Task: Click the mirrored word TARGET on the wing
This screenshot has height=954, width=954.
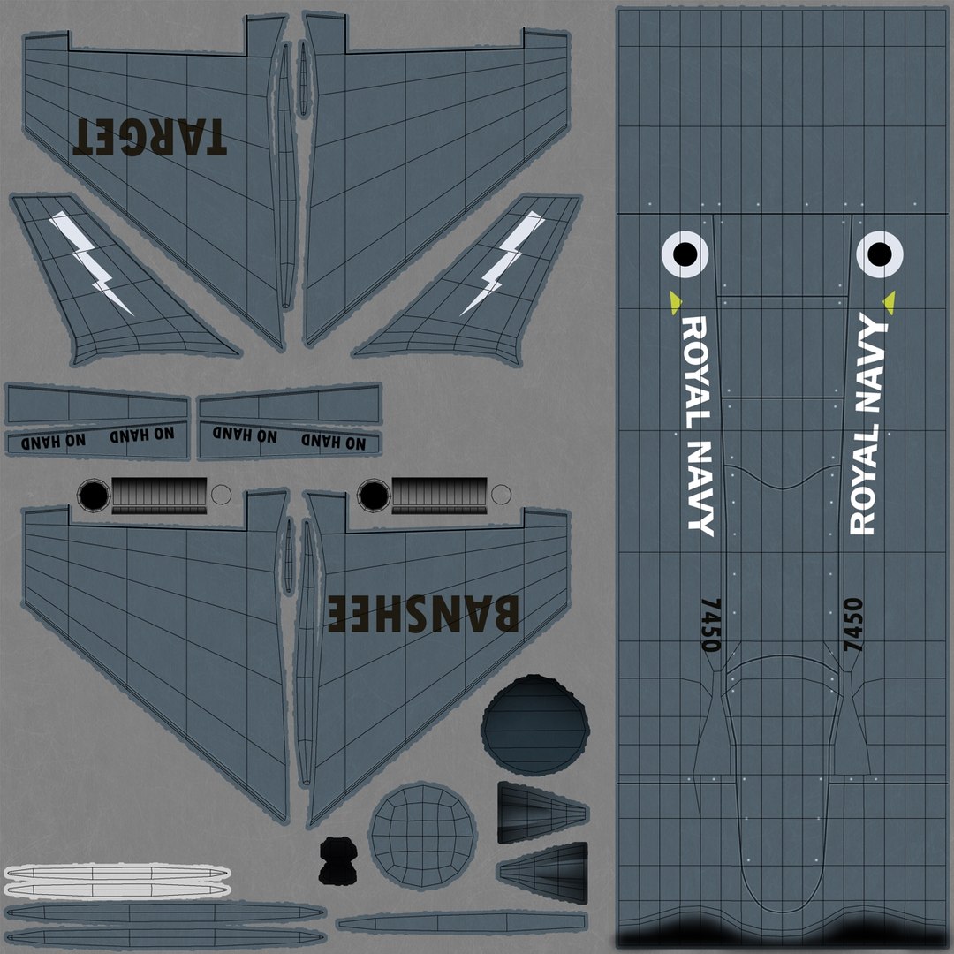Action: click(x=149, y=137)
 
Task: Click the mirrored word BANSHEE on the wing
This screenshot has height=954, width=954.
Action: click(x=423, y=613)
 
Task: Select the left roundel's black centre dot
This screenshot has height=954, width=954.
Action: click(x=685, y=254)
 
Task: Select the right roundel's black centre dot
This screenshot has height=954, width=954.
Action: click(x=879, y=254)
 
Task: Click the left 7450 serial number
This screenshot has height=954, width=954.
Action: click(x=710, y=625)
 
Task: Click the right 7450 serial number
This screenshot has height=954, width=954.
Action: click(x=853, y=625)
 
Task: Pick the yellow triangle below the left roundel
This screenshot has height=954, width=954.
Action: click(x=675, y=302)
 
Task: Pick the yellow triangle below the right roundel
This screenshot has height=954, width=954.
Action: click(x=889, y=302)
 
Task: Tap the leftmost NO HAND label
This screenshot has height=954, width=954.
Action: click(x=54, y=441)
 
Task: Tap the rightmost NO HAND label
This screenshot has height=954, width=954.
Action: click(x=333, y=441)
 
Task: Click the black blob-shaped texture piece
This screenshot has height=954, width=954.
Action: click(x=337, y=860)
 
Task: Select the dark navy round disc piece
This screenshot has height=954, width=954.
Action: click(x=534, y=724)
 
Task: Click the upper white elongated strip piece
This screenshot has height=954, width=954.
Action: click(x=117, y=873)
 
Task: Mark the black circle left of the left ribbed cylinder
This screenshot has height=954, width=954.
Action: click(x=94, y=496)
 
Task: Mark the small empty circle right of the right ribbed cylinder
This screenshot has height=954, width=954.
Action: click(x=501, y=495)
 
